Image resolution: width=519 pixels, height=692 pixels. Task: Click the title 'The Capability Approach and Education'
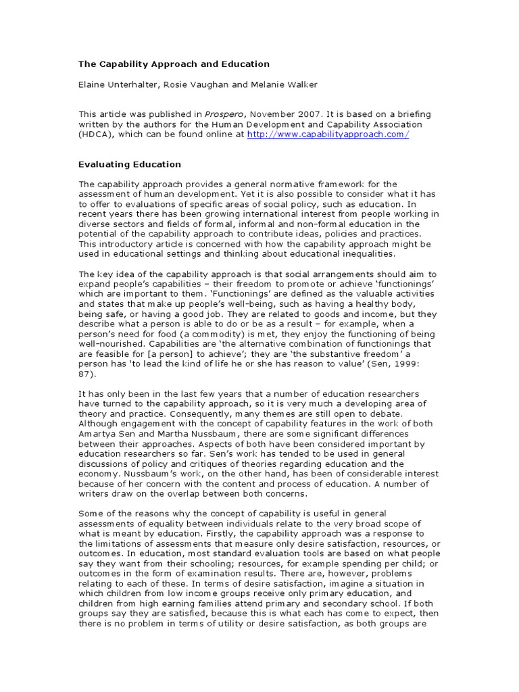pos(174,64)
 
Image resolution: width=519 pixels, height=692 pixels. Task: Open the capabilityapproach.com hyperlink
pos(328,135)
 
